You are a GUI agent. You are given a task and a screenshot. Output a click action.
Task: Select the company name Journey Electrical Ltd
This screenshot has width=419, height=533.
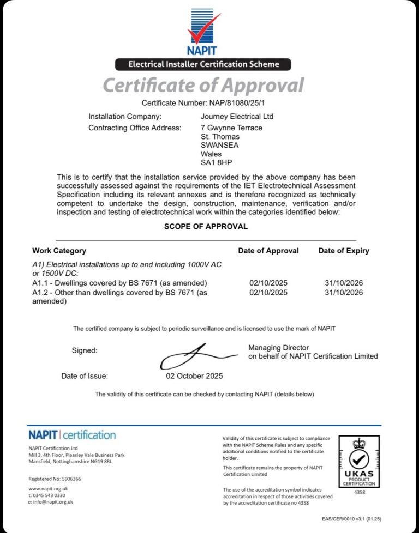[237, 117]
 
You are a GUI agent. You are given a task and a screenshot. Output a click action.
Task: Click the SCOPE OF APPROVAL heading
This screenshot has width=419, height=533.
[206, 226]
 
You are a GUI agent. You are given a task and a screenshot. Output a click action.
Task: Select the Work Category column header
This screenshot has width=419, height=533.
[59, 251]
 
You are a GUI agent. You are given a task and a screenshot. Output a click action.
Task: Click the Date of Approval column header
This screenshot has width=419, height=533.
[268, 251]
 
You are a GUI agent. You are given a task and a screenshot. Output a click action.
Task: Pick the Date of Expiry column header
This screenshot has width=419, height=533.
[344, 251]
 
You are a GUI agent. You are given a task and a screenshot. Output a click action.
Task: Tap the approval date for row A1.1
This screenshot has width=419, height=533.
[268, 283]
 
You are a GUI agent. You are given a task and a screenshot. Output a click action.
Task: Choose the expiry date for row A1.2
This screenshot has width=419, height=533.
[344, 293]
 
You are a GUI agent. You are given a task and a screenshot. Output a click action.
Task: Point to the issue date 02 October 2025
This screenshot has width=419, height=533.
[194, 376]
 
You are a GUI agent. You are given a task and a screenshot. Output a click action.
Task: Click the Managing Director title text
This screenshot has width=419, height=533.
[278, 348]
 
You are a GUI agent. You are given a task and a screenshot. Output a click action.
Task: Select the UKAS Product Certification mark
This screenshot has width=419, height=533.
[358, 461]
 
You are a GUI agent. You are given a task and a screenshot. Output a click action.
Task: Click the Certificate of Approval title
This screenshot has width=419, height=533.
[203, 86]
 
